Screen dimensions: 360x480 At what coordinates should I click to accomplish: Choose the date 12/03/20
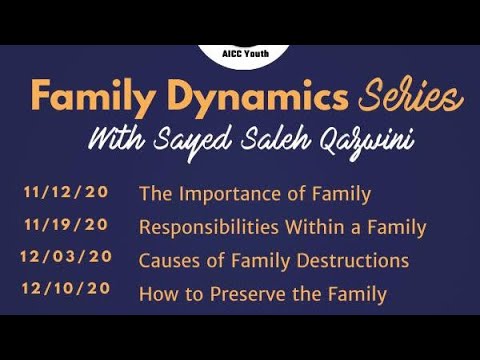(x=65, y=258)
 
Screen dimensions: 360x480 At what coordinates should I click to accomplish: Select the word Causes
(x=168, y=260)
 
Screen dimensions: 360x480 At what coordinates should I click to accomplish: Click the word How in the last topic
(x=157, y=294)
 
